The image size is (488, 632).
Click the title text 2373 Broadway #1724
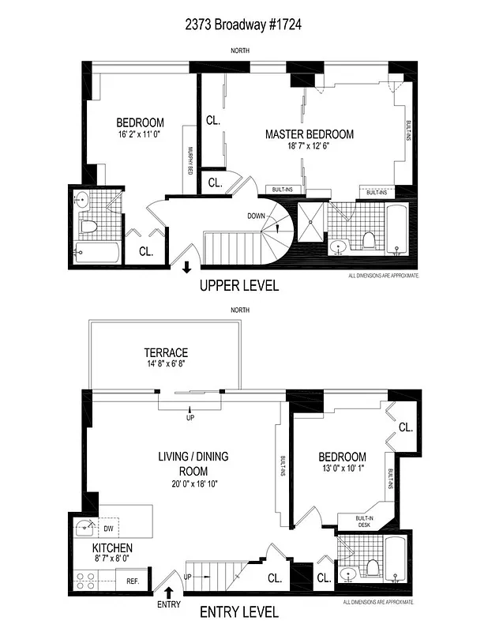pos(244,24)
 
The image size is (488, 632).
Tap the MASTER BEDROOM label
pos(309,134)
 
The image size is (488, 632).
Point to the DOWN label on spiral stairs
pos(257,215)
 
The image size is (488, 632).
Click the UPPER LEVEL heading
pos(239,286)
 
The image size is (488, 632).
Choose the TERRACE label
pos(165,352)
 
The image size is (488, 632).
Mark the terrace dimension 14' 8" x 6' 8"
pos(164,364)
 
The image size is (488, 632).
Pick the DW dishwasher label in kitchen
pos(108,529)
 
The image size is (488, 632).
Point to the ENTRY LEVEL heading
pos(238,611)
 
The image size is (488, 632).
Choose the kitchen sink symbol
pos(83,528)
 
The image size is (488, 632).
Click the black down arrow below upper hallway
pos(186,268)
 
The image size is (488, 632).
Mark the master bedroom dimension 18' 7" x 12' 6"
pos(309,147)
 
